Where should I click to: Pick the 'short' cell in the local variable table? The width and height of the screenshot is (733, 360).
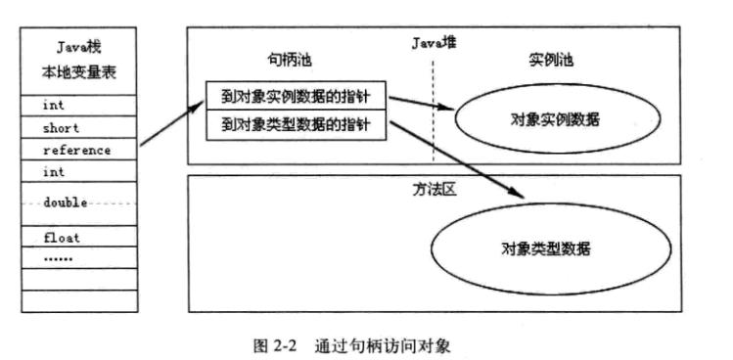click(x=61, y=127)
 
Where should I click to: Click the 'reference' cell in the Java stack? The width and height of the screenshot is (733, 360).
click(x=76, y=150)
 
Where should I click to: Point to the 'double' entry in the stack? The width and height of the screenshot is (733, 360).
click(x=66, y=202)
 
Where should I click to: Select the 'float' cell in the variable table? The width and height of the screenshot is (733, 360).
click(x=61, y=238)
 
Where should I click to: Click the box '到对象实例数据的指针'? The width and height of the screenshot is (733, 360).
click(x=297, y=96)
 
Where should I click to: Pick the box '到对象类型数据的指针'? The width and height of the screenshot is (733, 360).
click(x=297, y=124)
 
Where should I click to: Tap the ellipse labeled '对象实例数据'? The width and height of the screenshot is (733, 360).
click(x=555, y=120)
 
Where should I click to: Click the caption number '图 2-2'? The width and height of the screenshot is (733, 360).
click(x=275, y=345)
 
